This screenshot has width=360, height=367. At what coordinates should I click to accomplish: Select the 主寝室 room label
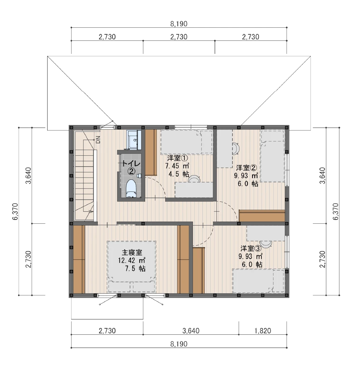pos(132,252)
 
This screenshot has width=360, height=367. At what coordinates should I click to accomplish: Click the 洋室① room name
pos(177,158)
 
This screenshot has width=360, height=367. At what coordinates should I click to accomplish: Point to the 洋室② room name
pos(247,168)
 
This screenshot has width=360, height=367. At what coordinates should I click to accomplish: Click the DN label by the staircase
pos(98,139)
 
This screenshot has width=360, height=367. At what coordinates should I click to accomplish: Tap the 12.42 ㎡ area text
pos(132,261)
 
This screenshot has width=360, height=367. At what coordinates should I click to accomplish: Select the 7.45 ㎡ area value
pos(177,166)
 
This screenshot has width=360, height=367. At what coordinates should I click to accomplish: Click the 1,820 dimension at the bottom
pos(262,331)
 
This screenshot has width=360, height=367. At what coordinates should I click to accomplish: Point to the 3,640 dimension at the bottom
pos(191,331)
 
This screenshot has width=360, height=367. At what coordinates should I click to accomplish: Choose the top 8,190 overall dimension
pos(179,24)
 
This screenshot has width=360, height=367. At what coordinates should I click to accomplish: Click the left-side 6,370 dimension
pos(16,211)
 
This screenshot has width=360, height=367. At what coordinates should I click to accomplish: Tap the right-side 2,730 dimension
pos(322,259)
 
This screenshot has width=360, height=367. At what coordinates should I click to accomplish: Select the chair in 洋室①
pos(194,179)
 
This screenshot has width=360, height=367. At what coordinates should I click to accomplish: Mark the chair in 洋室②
pos(236,149)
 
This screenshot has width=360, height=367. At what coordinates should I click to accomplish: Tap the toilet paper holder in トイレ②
pos(139,175)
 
